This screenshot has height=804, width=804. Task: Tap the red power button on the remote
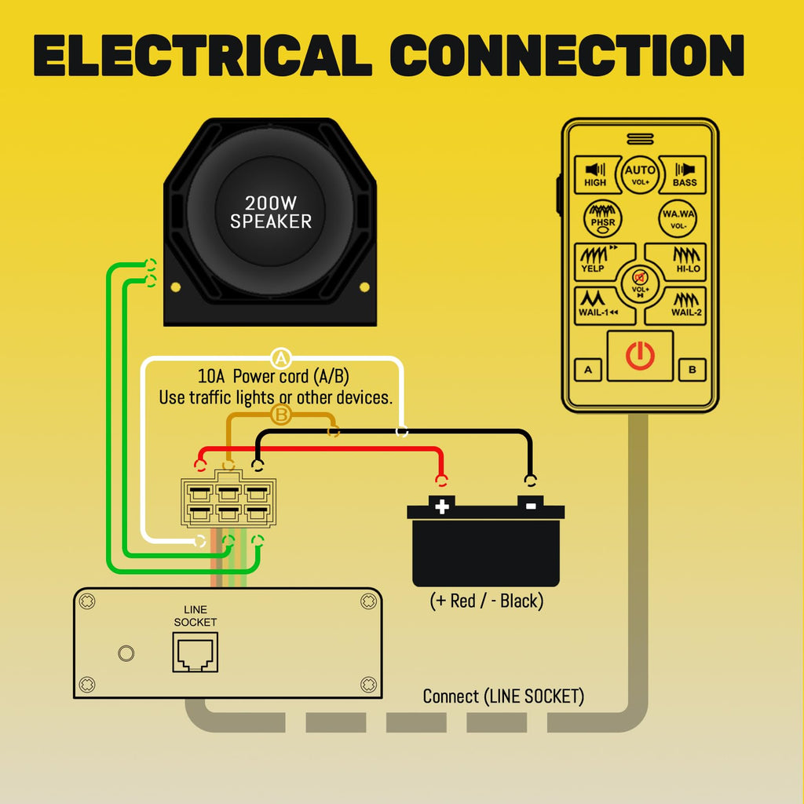[x=640, y=356]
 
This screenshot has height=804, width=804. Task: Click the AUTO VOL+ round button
[x=640, y=174]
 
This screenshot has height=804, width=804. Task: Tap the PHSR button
[x=602, y=218]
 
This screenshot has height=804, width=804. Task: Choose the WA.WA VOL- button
[x=678, y=218]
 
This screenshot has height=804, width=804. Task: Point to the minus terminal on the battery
[x=531, y=505]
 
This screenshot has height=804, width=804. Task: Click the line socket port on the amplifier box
[x=196, y=652]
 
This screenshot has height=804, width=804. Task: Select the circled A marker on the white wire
[x=280, y=358]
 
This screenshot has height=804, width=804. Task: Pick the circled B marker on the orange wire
[x=280, y=414]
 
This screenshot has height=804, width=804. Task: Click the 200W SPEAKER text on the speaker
[x=271, y=212]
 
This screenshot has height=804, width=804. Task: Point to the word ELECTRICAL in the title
[x=203, y=56]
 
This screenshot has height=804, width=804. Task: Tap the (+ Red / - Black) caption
[x=486, y=601]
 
